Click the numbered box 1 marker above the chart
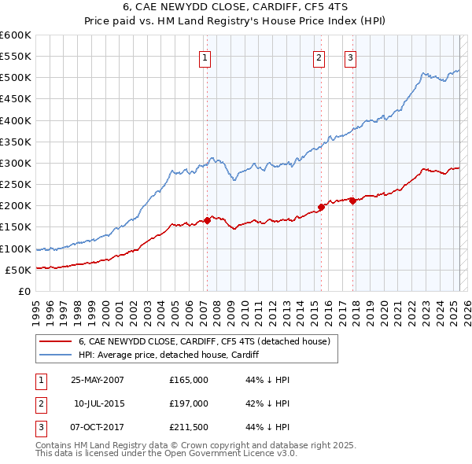(x=205, y=57)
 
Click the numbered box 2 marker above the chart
(x=319, y=57)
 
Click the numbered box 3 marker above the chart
(x=349, y=57)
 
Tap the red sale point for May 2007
(x=207, y=220)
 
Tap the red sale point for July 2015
(x=321, y=207)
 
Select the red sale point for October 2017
(x=352, y=201)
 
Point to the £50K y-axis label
(x=19, y=270)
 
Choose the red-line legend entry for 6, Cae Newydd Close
(x=208, y=341)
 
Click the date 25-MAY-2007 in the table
(x=98, y=380)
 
